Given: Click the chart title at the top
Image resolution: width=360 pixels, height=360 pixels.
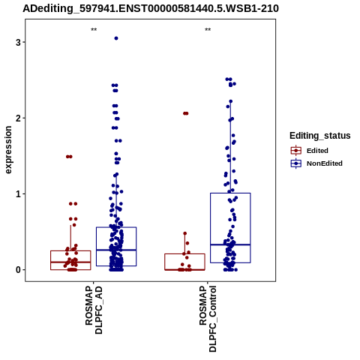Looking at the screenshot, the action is (x=151, y=8).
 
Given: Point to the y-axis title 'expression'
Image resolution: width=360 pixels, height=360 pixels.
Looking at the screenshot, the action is (x=8, y=150).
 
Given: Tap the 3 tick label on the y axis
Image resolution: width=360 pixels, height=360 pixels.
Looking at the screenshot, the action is (x=18, y=42).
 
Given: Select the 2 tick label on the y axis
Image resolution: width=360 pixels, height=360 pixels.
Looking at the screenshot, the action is (x=18, y=118).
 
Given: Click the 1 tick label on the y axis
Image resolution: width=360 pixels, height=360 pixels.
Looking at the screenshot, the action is (x=18, y=194).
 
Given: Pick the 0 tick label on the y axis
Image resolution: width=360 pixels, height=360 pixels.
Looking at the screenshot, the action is (x=18, y=270).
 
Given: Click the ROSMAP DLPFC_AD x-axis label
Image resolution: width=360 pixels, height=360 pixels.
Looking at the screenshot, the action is (x=94, y=310).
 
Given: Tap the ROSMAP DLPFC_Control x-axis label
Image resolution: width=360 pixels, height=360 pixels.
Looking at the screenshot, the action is (x=208, y=319).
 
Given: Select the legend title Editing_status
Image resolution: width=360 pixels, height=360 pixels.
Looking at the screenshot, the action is (x=320, y=136).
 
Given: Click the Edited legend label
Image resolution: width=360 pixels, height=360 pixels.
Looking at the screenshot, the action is (x=317, y=151).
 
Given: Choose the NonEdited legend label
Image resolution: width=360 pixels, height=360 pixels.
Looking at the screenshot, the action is (x=325, y=163).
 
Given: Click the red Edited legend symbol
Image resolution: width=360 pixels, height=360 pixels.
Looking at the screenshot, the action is (x=296, y=151).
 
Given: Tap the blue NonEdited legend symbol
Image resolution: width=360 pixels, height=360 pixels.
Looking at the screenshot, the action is (x=296, y=163).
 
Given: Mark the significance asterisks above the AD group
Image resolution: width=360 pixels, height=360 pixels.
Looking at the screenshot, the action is (x=94, y=30).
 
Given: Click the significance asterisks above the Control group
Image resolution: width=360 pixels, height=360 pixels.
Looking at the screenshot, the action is (x=208, y=30).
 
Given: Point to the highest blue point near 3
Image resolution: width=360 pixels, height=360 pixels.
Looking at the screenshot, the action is (x=116, y=38).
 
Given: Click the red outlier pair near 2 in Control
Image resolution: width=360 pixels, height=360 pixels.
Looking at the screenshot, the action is (x=186, y=113).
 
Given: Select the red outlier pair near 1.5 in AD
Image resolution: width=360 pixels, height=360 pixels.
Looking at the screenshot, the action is (x=69, y=157).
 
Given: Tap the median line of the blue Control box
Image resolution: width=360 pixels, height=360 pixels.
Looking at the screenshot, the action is (x=230, y=244).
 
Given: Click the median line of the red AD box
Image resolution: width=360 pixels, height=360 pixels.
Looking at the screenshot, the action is (x=70, y=262).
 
